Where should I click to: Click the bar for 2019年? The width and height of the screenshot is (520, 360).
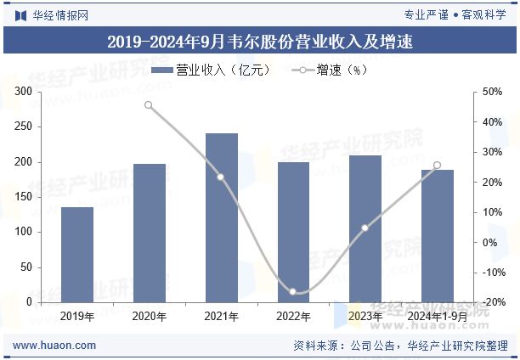click(x=77, y=255)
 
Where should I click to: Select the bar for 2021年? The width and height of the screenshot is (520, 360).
click(x=221, y=217)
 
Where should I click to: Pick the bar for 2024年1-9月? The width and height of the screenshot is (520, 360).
click(x=438, y=236)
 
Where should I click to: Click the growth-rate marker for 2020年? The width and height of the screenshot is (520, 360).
click(x=149, y=105)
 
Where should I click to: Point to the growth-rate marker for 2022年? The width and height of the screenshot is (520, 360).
click(x=293, y=292)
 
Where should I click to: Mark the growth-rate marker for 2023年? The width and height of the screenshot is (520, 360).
click(x=365, y=228)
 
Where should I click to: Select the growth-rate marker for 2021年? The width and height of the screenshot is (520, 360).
click(x=221, y=177)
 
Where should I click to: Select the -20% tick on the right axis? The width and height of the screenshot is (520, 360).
click(x=489, y=302)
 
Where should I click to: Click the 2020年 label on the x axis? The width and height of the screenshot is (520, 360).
click(x=149, y=316)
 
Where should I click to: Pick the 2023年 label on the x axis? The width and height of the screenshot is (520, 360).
click(x=365, y=316)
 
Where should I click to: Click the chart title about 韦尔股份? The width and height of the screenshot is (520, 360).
click(x=260, y=41)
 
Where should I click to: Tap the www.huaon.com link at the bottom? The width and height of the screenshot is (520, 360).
click(x=55, y=346)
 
